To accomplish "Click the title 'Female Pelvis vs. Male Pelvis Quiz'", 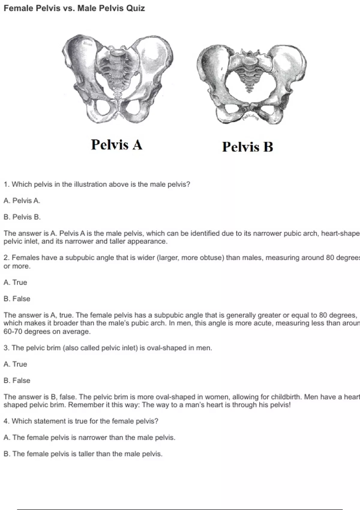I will (74, 8).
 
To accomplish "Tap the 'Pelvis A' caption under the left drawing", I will (116, 145).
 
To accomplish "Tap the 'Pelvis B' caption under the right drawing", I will (247, 147).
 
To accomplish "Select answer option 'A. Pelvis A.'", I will (22, 201).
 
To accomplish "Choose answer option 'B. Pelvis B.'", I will (22, 217).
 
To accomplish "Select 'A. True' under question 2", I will (15, 282).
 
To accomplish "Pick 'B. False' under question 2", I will (17, 299).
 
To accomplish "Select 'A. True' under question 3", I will (15, 364).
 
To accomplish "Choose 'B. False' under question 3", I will (17, 380).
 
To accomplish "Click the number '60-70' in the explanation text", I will (13, 332).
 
